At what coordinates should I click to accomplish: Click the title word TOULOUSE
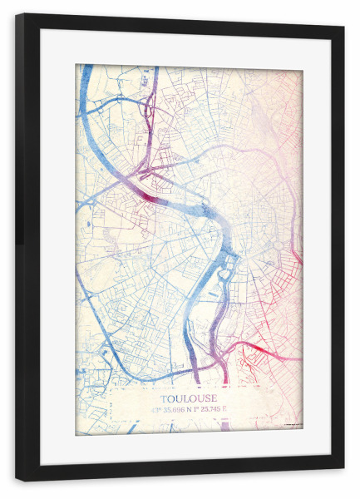point(188,398)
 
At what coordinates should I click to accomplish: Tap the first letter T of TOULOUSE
point(162,398)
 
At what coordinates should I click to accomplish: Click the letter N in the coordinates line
point(193,409)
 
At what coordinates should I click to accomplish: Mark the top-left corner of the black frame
point(17,14)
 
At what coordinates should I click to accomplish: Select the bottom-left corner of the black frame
point(17,480)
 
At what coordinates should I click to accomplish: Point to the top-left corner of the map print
point(76,65)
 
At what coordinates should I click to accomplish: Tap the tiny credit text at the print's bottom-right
point(291,426)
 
